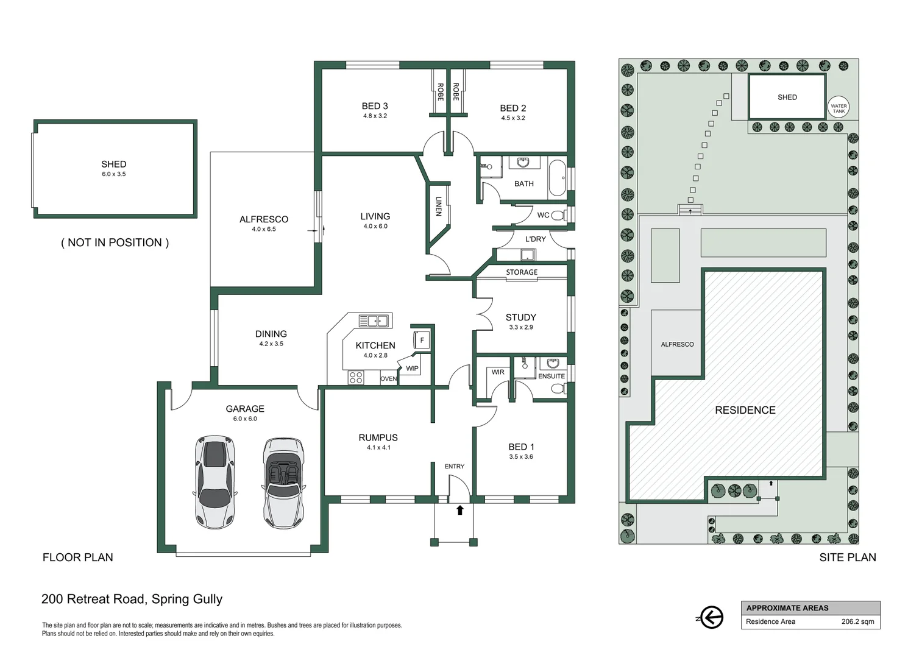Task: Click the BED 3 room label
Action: coord(375,106)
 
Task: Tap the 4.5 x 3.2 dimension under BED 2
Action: coord(512,118)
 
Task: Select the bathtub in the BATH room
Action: coord(557,177)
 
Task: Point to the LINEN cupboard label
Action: coord(438,206)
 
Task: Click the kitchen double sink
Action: coord(374,320)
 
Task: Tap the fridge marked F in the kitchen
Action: coord(422,340)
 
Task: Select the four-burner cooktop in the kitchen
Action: coord(356,378)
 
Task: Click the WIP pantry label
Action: coord(412,369)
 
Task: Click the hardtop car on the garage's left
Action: coord(215,481)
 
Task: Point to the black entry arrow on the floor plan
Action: coord(460,510)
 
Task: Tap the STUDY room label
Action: coord(520,317)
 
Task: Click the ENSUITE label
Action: coord(551,377)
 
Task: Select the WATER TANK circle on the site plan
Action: coord(839,107)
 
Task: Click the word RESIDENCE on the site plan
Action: coord(745,411)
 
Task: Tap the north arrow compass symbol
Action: coord(711,617)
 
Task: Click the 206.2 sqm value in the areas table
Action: coord(857,622)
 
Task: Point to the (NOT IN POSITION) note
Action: coord(115,242)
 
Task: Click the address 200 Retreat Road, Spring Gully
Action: coord(132,599)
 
